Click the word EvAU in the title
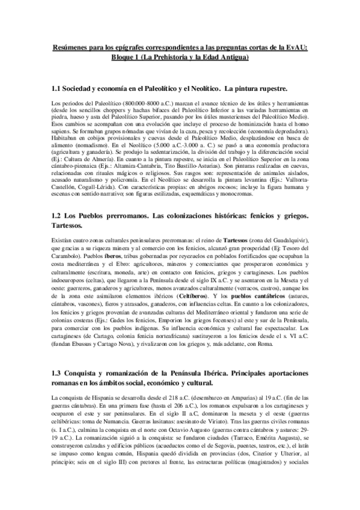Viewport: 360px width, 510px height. click(x=297, y=48)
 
